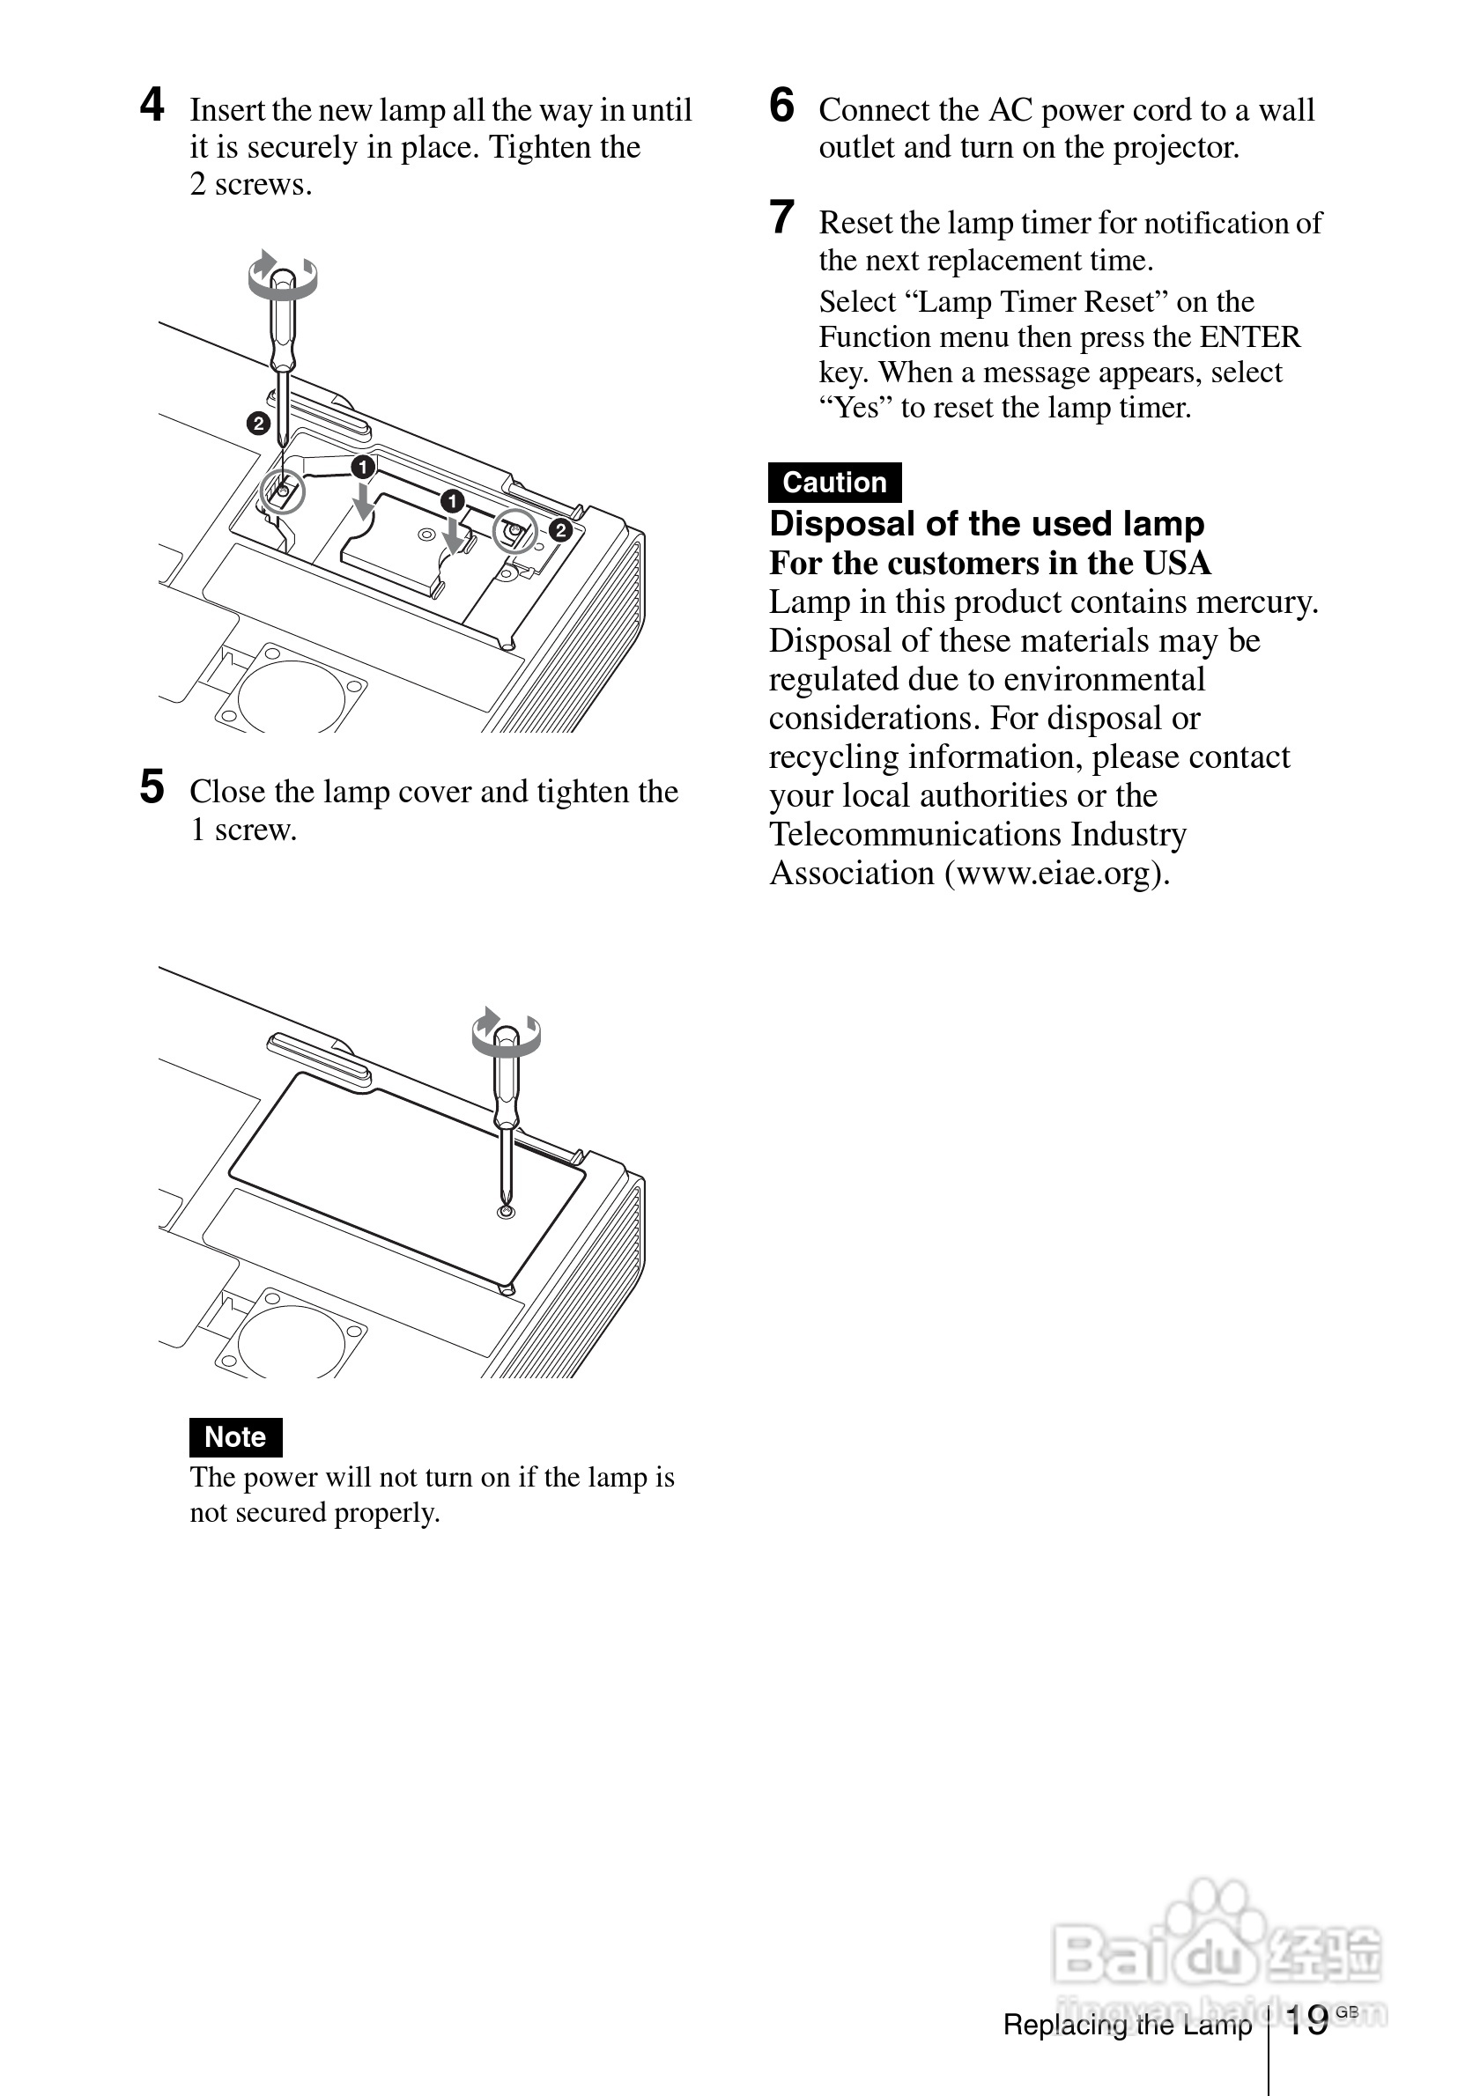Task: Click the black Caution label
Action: click(x=834, y=482)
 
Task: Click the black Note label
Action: click(x=235, y=1437)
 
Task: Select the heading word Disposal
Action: click(x=842, y=524)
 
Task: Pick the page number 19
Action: click(x=1306, y=2021)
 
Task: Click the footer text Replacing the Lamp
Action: click(x=1127, y=2025)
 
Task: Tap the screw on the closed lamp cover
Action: click(x=507, y=1212)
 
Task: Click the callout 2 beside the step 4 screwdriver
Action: click(x=258, y=424)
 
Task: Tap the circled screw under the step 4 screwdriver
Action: click(x=282, y=492)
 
